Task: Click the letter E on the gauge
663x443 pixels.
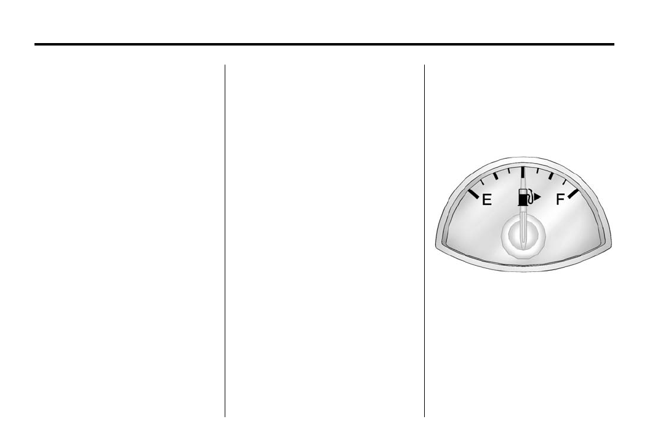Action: (487, 199)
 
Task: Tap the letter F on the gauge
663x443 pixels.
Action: (560, 199)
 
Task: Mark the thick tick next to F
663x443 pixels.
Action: (573, 193)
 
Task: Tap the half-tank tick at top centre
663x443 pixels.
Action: (523, 172)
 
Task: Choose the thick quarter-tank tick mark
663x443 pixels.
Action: (496, 176)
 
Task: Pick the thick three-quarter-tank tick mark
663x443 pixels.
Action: (550, 175)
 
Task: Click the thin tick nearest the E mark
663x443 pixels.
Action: (483, 183)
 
